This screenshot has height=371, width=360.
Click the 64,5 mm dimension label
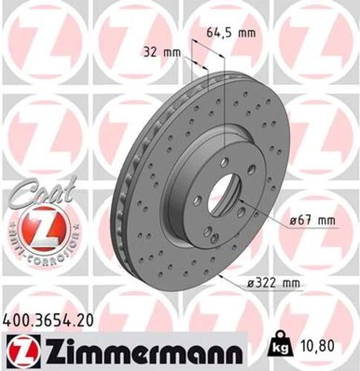tap(229, 33)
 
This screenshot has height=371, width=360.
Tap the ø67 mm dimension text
tap(314, 221)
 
